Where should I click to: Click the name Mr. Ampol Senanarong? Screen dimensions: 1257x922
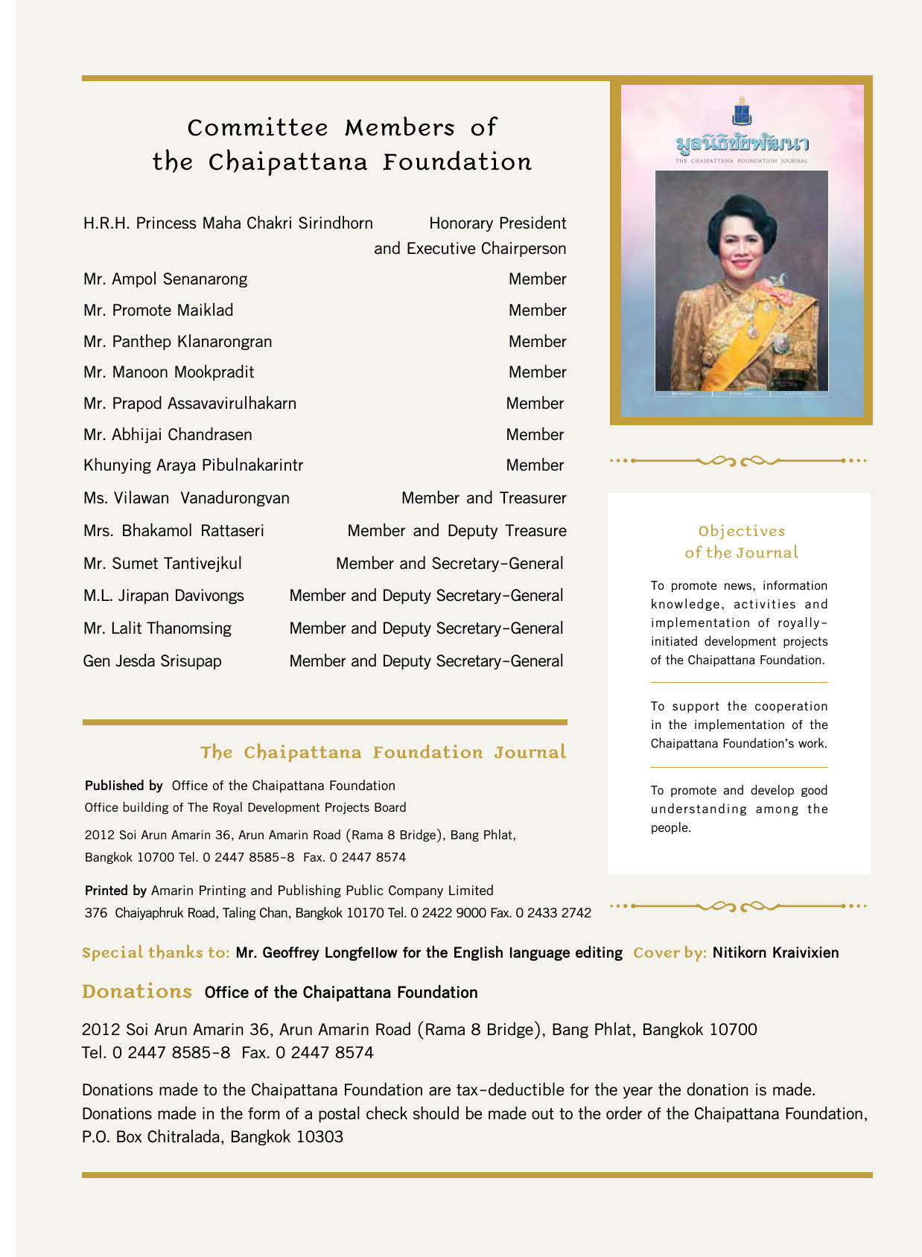(x=165, y=279)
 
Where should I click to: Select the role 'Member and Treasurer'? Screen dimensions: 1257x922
(x=483, y=498)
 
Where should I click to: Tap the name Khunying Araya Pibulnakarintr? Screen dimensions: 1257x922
(x=193, y=465)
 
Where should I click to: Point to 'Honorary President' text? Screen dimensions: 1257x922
(x=497, y=223)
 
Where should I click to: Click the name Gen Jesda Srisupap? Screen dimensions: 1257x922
(x=152, y=661)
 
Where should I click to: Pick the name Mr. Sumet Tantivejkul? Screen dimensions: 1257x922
(x=162, y=564)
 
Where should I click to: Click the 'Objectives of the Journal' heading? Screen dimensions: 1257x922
(x=741, y=542)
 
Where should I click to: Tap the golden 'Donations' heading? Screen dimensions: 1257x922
(x=137, y=992)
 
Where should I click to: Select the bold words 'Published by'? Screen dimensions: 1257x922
(x=124, y=786)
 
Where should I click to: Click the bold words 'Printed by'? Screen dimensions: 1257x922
(x=115, y=891)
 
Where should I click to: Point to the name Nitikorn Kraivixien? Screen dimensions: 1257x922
(x=775, y=952)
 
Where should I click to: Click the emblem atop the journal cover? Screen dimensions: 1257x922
(x=741, y=112)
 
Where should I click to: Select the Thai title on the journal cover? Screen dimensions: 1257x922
(x=742, y=143)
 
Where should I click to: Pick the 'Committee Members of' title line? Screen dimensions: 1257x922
(x=342, y=128)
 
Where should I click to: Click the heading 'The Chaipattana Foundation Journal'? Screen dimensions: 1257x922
(x=383, y=752)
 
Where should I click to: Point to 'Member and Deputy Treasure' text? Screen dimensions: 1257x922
(x=457, y=531)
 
